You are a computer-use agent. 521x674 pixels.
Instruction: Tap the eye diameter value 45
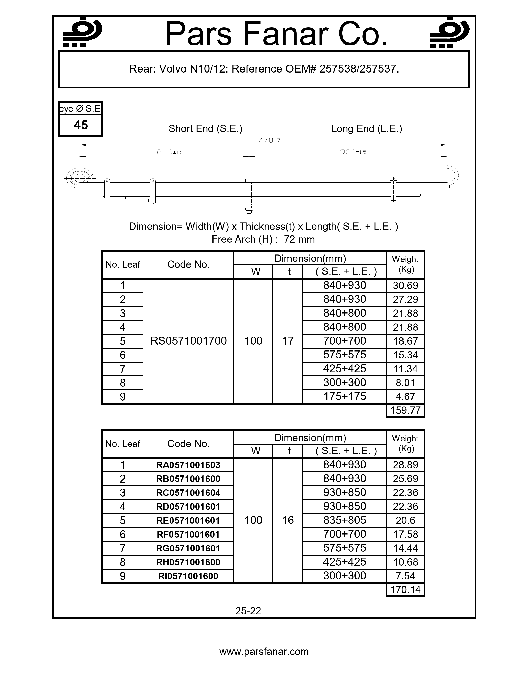[81, 125]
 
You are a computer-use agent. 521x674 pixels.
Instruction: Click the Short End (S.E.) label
[205, 128]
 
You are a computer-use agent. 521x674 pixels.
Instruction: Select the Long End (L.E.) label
[366, 128]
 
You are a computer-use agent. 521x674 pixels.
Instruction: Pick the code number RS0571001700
[188, 341]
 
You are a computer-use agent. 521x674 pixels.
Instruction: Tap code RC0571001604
[188, 493]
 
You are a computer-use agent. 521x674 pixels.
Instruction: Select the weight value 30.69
[405, 286]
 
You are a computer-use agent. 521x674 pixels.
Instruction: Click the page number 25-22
[248, 611]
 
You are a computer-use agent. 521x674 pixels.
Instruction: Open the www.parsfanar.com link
[264, 652]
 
